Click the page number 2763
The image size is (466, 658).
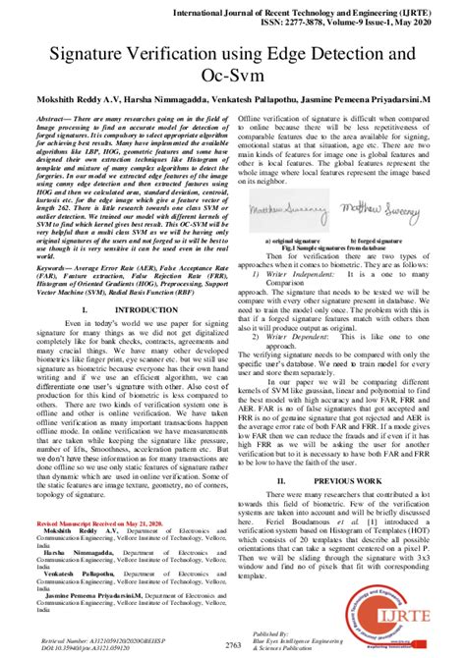click(x=233, y=643)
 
